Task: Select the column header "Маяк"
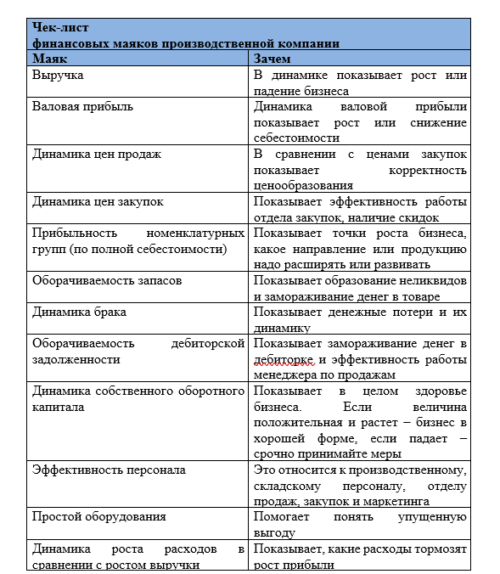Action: [50, 59]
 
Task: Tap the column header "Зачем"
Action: [273, 59]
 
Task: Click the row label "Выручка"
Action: [58, 76]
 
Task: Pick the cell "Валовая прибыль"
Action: [82, 107]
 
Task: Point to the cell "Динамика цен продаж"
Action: [96, 155]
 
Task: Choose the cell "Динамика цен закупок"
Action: [98, 202]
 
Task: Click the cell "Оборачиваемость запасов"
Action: [106, 280]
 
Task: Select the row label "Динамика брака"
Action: [79, 312]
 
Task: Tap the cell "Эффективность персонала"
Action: [109, 470]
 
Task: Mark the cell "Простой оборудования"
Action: [98, 516]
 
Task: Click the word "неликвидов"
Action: [432, 280]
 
